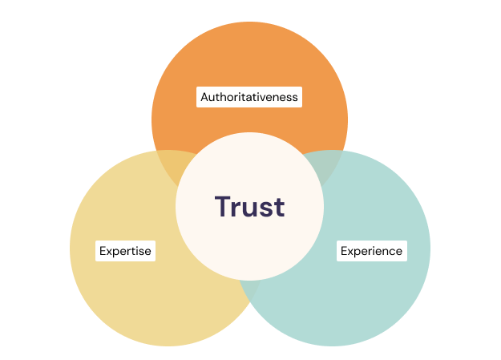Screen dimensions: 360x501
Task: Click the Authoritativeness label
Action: [x=249, y=97]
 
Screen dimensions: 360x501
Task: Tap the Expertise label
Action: [x=125, y=251]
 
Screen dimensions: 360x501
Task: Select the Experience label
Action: [x=371, y=251]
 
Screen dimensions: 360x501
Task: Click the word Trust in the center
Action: [x=249, y=207]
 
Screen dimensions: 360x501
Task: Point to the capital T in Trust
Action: [x=224, y=206]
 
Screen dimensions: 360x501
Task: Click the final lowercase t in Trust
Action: [x=279, y=207]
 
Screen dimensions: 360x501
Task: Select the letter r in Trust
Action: [x=238, y=208]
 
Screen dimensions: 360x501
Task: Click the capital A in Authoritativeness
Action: [x=204, y=97]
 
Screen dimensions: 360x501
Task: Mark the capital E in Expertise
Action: [x=103, y=251]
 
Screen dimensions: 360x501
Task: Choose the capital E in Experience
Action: [x=344, y=251]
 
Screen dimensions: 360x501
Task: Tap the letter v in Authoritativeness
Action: [x=265, y=98]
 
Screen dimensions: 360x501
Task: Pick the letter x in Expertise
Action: [x=109, y=252]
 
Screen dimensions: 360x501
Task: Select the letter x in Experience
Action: [x=350, y=252]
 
